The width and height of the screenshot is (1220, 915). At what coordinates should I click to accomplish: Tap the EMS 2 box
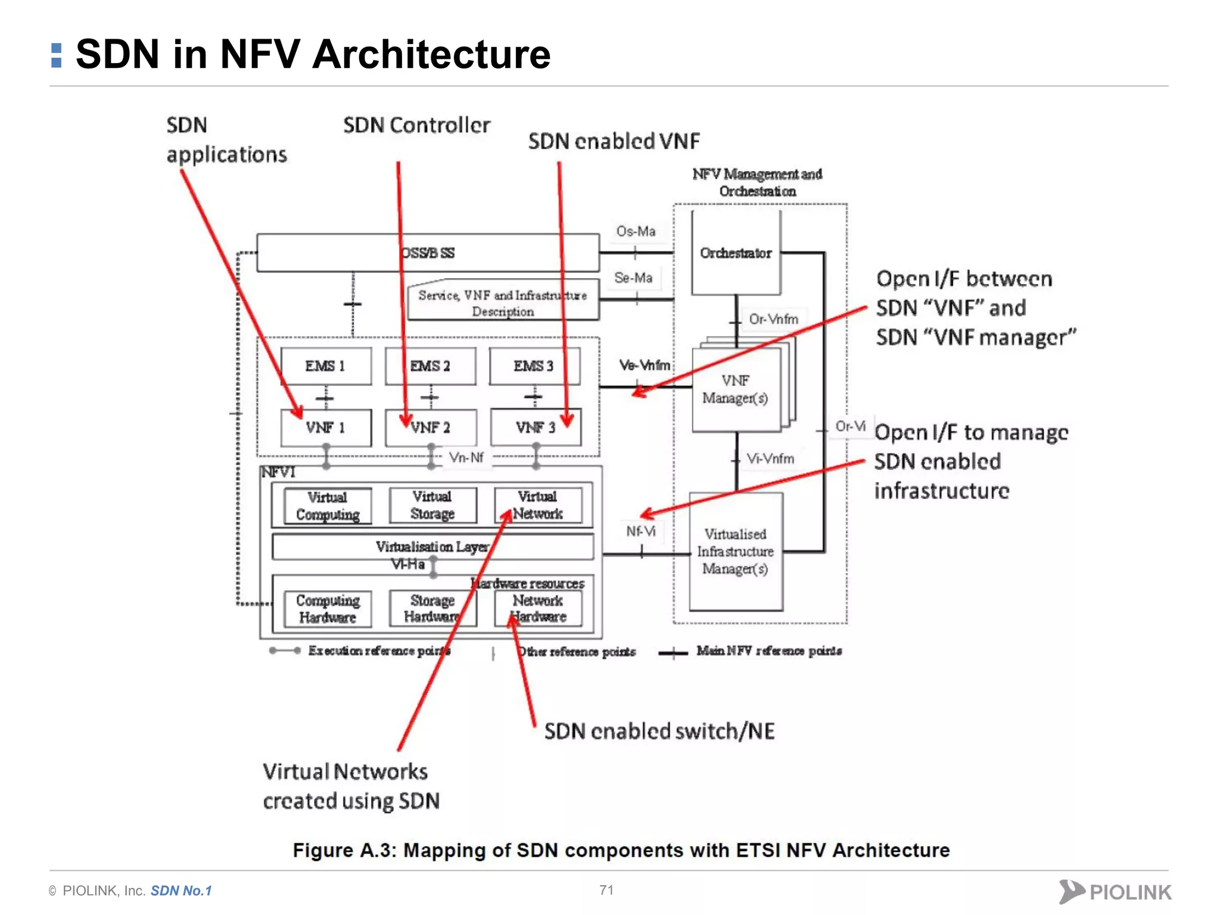(x=430, y=366)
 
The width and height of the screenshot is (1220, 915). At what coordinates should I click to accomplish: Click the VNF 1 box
(x=325, y=428)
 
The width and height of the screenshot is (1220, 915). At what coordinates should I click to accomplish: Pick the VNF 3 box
(x=535, y=428)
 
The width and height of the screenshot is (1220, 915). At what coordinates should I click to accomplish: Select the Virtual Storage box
(x=432, y=505)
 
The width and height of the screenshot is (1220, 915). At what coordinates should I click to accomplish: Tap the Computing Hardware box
(x=328, y=609)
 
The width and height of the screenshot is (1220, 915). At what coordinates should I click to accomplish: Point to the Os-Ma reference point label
(x=636, y=231)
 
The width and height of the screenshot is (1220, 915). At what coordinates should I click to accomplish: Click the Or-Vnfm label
(x=773, y=319)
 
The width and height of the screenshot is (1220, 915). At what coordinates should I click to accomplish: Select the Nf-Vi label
(x=640, y=531)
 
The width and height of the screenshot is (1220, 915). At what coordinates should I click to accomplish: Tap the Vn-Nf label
(x=466, y=457)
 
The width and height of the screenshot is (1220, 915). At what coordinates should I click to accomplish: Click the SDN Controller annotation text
(x=416, y=126)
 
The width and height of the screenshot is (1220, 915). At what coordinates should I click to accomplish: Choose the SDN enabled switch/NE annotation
(x=659, y=732)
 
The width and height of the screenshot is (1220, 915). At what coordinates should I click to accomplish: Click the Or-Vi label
(x=850, y=426)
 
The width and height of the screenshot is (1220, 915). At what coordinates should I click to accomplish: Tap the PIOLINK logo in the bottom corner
(x=1115, y=892)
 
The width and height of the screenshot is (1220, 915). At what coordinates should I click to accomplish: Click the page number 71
(x=606, y=890)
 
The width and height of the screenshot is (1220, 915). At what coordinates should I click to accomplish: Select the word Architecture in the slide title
(x=431, y=54)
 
